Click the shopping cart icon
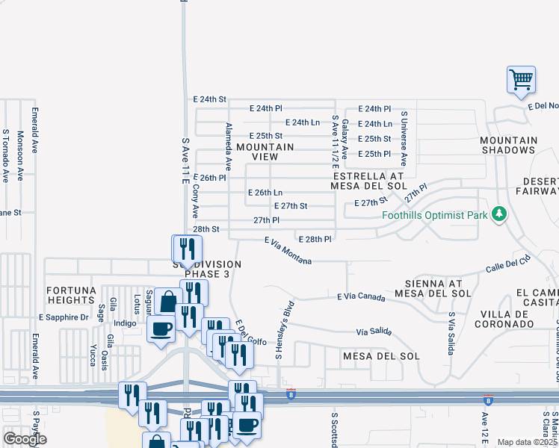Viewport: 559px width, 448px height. coord(521,79)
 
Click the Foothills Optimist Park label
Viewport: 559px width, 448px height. coord(434,216)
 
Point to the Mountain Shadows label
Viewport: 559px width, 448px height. coord(508,145)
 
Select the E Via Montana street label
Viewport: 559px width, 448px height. coord(288,251)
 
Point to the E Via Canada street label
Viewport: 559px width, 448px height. coord(361,297)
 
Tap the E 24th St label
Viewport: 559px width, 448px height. coord(209,99)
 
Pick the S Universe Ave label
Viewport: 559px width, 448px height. coord(404,138)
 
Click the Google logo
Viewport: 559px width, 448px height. coord(25,439)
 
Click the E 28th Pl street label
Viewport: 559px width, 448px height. coord(315,239)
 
